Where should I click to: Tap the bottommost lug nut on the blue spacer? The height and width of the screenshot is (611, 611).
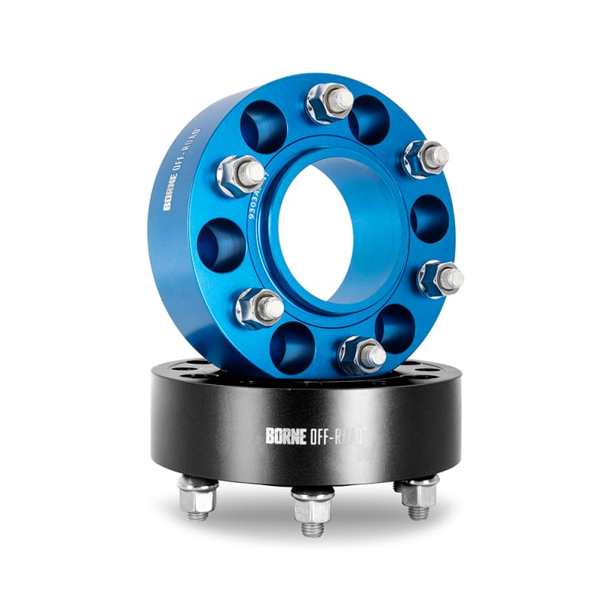(x=361, y=354)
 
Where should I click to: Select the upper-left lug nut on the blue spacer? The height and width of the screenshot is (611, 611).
(x=241, y=175)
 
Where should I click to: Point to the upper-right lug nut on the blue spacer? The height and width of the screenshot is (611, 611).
(x=426, y=158)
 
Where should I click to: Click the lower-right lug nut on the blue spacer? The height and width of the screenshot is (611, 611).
(x=441, y=277)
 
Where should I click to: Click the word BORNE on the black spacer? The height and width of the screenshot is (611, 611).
(x=286, y=436)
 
